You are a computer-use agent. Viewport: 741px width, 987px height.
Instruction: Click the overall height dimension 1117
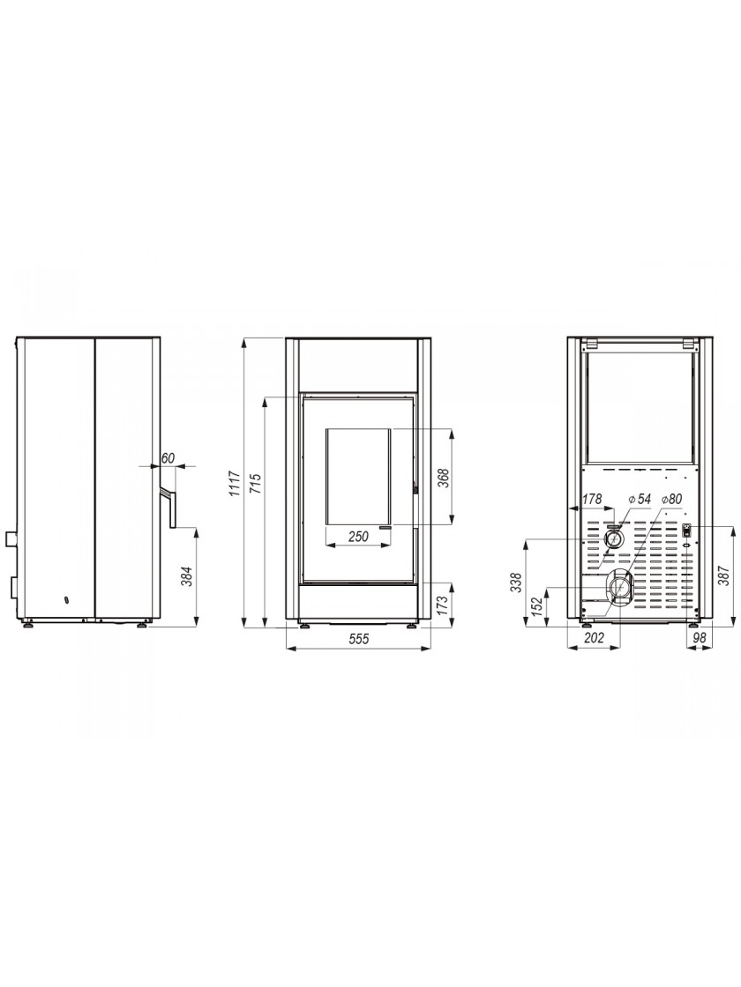tap(235, 483)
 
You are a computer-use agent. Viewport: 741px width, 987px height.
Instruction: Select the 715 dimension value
tap(257, 484)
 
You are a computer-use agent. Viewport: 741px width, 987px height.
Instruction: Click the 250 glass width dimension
tap(358, 537)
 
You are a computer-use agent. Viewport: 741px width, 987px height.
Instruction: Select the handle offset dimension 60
tap(167, 458)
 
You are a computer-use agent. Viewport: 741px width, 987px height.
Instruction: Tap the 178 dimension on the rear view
tap(592, 499)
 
